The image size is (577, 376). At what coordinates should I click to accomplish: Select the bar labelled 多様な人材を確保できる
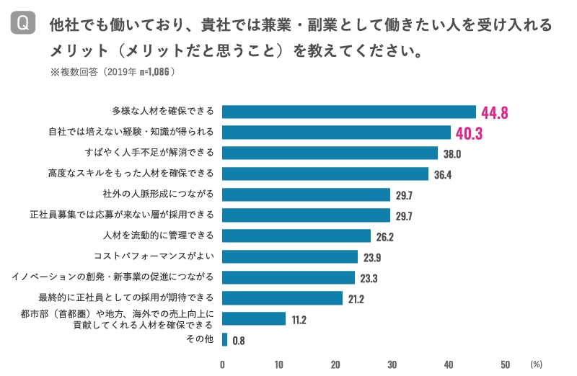(x=349, y=112)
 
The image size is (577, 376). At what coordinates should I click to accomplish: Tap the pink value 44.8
(x=495, y=112)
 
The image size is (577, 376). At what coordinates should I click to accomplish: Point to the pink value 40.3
(x=469, y=133)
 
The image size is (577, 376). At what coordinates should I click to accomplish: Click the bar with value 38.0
(x=330, y=153)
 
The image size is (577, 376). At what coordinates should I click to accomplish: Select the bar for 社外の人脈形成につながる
(x=306, y=194)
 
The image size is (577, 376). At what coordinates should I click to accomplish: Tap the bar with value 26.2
(x=296, y=236)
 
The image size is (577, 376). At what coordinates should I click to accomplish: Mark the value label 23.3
(x=368, y=278)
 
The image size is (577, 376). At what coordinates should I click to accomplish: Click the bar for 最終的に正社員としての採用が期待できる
(x=282, y=298)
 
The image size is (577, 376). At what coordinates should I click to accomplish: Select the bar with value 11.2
(x=254, y=318)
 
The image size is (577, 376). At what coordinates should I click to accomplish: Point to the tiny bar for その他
(x=225, y=339)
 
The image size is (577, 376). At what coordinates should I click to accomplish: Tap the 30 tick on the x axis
(x=392, y=364)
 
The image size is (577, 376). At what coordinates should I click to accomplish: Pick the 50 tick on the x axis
(x=505, y=364)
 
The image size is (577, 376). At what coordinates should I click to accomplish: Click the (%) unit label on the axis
(x=536, y=364)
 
